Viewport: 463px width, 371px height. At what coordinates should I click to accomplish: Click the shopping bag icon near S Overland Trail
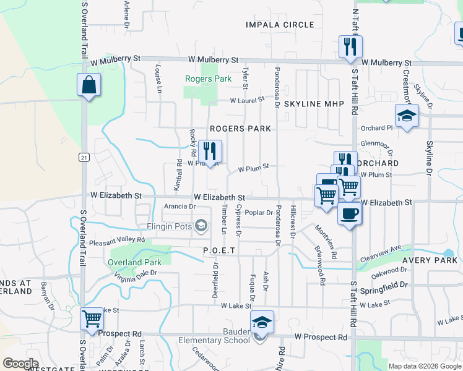(x=89, y=86)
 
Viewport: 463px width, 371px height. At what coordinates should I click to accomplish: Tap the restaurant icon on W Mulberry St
(x=350, y=47)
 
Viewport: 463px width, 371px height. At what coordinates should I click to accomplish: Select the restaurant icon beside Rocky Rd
(x=210, y=151)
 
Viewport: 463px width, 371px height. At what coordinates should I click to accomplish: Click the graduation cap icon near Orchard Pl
(x=407, y=116)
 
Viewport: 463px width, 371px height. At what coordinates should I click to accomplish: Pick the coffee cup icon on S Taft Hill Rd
(x=350, y=214)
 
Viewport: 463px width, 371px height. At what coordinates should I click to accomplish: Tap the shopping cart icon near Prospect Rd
(x=92, y=319)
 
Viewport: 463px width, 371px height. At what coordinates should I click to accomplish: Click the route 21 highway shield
(x=84, y=158)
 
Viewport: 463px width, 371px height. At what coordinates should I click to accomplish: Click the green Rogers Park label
(x=209, y=79)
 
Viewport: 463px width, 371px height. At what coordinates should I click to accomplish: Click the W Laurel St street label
(x=247, y=99)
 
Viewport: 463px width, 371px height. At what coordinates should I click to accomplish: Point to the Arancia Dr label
(x=180, y=207)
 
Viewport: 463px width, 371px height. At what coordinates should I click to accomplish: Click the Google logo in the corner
(x=20, y=364)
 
